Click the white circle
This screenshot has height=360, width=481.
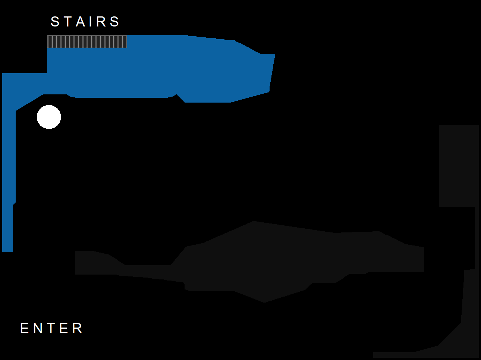49,117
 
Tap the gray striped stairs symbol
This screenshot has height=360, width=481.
87,42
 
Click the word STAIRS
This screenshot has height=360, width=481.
85,22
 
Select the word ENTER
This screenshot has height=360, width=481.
51,328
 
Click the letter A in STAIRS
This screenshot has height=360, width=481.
81,22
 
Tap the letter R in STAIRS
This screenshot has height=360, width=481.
101,22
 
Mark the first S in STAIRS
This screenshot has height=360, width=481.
55,22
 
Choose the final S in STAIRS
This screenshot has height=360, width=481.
115,22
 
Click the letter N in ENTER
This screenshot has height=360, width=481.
38,328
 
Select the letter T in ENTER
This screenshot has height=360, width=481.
51,328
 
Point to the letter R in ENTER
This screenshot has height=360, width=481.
78,328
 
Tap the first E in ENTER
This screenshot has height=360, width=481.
25,328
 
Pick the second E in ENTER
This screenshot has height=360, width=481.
64,328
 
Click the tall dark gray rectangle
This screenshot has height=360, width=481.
459,166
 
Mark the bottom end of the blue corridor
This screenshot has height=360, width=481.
8,252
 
